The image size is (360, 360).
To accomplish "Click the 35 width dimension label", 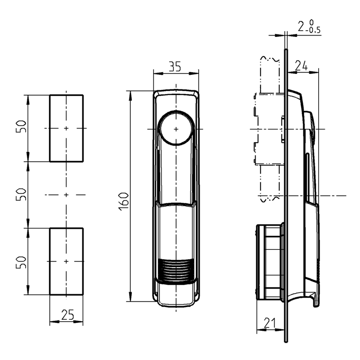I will pyautogui.click(x=175, y=67).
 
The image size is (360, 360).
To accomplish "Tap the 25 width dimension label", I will pyautogui.click(x=67, y=315).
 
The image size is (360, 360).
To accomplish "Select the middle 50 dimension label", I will pyautogui.click(x=21, y=194).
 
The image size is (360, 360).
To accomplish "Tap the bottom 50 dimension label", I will pyautogui.click(x=21, y=262).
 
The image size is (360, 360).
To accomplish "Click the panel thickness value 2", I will pyautogui.click(x=301, y=27).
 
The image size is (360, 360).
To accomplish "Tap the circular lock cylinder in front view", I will pyautogui.click(x=176, y=129).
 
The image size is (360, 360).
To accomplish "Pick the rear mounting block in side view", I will pyautogui.click(x=269, y=261).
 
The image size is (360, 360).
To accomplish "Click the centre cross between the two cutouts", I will pyautogui.click(x=66, y=195).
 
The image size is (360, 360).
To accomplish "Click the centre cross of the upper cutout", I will pyautogui.click(x=66, y=128).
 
